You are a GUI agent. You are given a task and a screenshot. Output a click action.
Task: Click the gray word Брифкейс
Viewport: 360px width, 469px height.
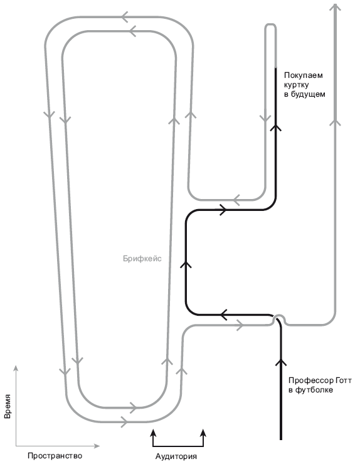point(142,259)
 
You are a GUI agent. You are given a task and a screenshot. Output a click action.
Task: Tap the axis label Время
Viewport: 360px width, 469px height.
point(8,406)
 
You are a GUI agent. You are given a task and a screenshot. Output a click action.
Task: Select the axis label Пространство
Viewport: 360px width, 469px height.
point(55,456)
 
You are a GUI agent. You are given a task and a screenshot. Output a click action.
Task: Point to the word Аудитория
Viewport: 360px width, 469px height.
point(176,456)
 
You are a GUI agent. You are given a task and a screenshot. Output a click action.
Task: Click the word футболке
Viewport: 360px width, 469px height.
point(314,390)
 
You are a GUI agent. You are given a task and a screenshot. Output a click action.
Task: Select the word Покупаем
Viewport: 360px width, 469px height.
point(303,75)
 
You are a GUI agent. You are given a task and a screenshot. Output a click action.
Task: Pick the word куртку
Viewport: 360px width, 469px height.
point(297,85)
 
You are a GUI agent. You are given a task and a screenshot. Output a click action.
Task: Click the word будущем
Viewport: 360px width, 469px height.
point(308,94)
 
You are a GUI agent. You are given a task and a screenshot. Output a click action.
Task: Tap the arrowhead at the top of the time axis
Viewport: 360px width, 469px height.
point(16,367)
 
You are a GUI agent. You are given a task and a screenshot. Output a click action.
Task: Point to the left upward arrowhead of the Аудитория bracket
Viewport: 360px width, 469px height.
point(153,432)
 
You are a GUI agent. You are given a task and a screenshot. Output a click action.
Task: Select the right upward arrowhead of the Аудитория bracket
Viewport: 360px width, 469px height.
point(203,432)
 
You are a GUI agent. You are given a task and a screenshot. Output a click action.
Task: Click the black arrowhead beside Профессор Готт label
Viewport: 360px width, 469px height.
point(281,362)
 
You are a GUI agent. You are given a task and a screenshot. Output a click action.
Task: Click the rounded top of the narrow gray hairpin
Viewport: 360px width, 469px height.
point(270,25)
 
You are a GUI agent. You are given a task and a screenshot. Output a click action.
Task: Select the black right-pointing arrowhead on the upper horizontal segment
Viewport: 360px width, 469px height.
point(224,210)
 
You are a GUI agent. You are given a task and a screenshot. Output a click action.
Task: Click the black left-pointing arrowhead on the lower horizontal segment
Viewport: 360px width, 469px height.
point(224,315)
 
